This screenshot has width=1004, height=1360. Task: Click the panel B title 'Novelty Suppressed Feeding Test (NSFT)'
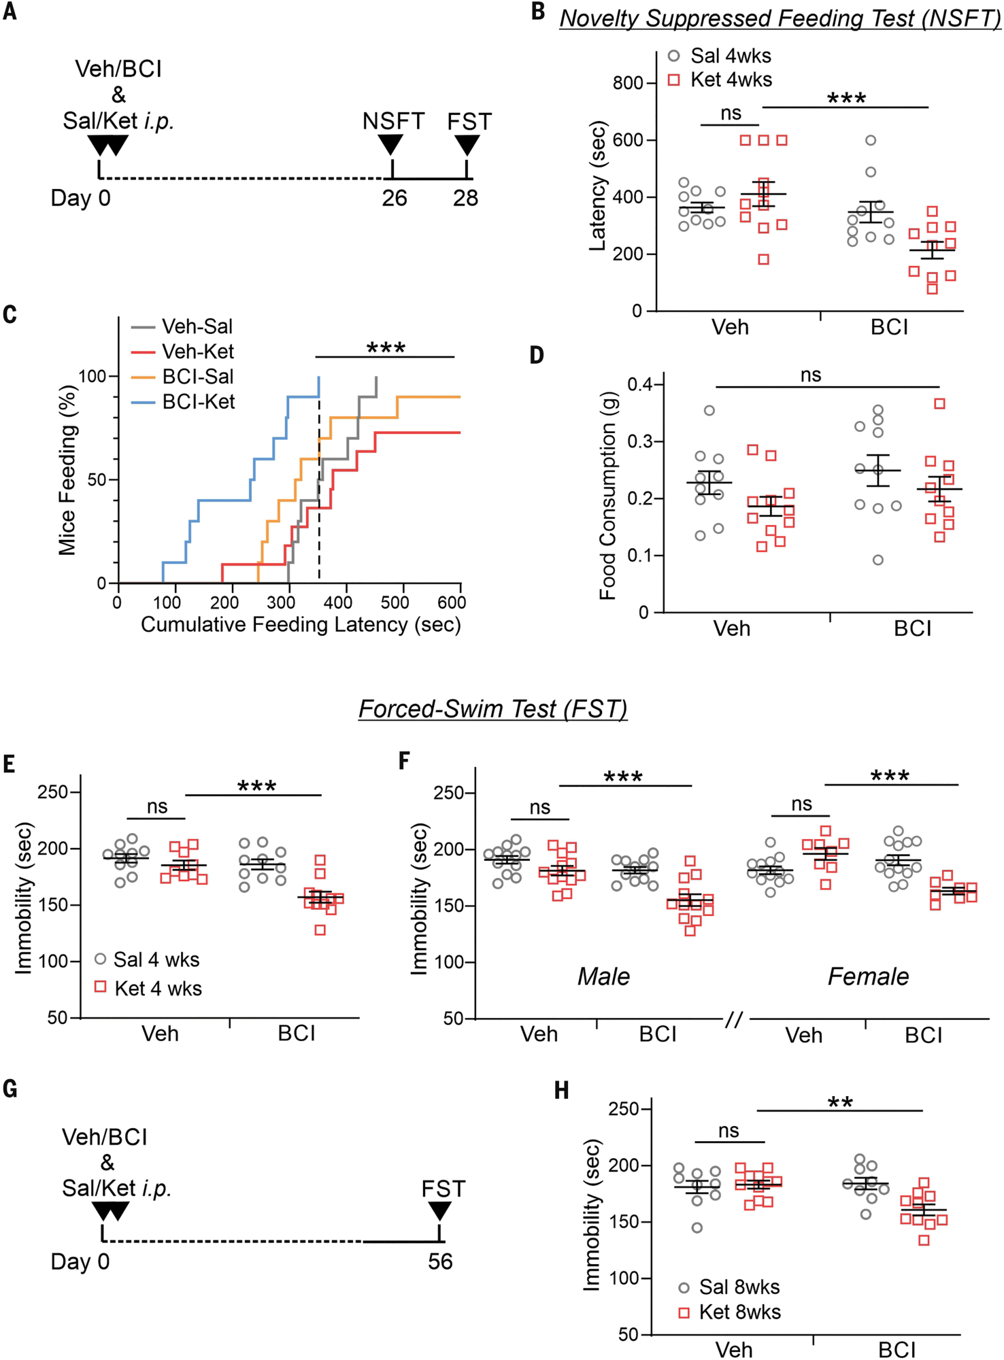(780, 18)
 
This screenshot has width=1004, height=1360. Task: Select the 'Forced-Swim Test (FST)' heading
(492, 709)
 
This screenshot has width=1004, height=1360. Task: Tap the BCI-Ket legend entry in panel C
(198, 402)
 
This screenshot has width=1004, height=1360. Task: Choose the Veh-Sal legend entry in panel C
(197, 326)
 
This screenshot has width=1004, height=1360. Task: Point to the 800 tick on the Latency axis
(628, 83)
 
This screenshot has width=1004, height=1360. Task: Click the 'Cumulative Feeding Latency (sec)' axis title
(301, 624)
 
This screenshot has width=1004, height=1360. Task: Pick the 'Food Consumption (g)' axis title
(607, 496)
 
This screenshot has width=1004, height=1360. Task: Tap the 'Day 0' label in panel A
(80, 198)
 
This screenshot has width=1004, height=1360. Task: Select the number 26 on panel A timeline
(394, 198)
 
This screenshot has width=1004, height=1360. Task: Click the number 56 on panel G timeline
(440, 1261)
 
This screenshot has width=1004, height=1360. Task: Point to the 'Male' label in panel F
(603, 976)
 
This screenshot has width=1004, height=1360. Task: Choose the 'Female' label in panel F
(868, 976)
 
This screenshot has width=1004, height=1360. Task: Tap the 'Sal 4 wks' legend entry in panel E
(156, 959)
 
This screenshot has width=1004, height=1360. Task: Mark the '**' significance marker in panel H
(840, 1102)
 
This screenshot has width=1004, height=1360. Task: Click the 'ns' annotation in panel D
(811, 375)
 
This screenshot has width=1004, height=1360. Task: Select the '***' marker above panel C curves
(386, 348)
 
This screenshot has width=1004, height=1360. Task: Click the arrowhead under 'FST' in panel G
(439, 1211)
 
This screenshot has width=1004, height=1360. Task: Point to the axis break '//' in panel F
(734, 1019)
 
